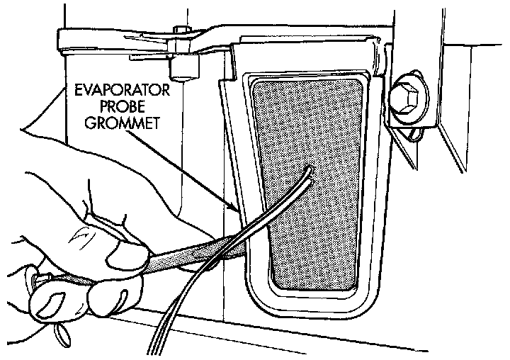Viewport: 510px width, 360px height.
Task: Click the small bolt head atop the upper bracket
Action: click(181, 30)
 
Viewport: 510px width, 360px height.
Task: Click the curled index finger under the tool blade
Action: click(120, 287)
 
